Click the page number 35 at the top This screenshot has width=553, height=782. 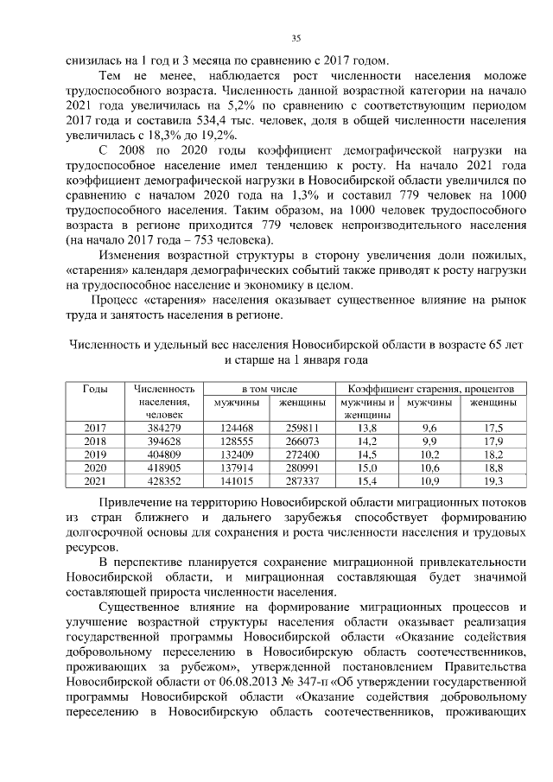(x=296, y=38)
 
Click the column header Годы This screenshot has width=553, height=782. (x=96, y=390)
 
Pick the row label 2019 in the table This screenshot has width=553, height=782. (x=96, y=454)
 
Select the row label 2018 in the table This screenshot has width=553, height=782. (x=96, y=441)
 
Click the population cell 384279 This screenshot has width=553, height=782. (x=162, y=428)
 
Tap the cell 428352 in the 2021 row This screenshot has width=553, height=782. (x=162, y=480)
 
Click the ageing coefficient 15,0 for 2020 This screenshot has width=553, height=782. (x=366, y=467)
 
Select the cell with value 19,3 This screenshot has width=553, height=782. (x=493, y=480)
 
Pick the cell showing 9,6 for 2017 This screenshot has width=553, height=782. (x=429, y=428)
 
